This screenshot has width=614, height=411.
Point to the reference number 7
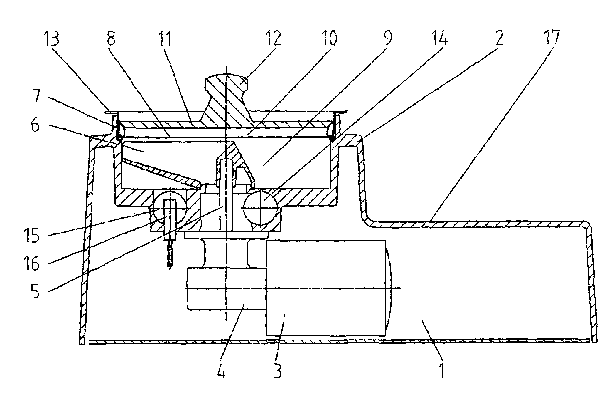tap(36, 96)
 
